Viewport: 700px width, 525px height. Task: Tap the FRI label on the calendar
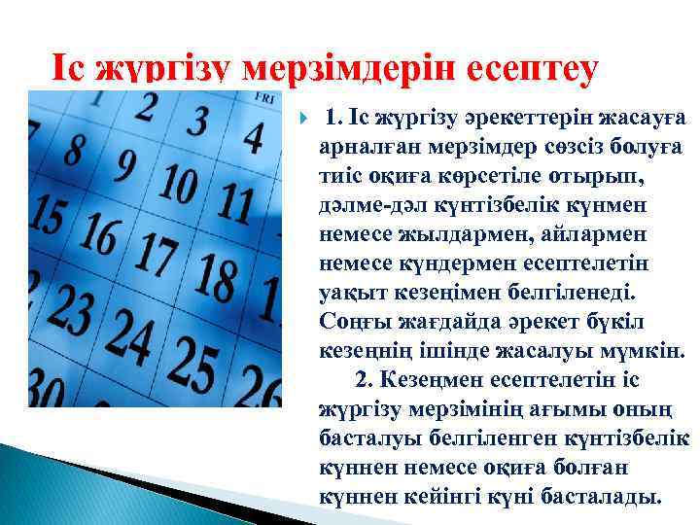[x=262, y=98]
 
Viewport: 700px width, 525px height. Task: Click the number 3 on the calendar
[x=196, y=123]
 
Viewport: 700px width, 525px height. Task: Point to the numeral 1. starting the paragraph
[x=333, y=118]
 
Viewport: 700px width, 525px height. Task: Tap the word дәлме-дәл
[x=363, y=205]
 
